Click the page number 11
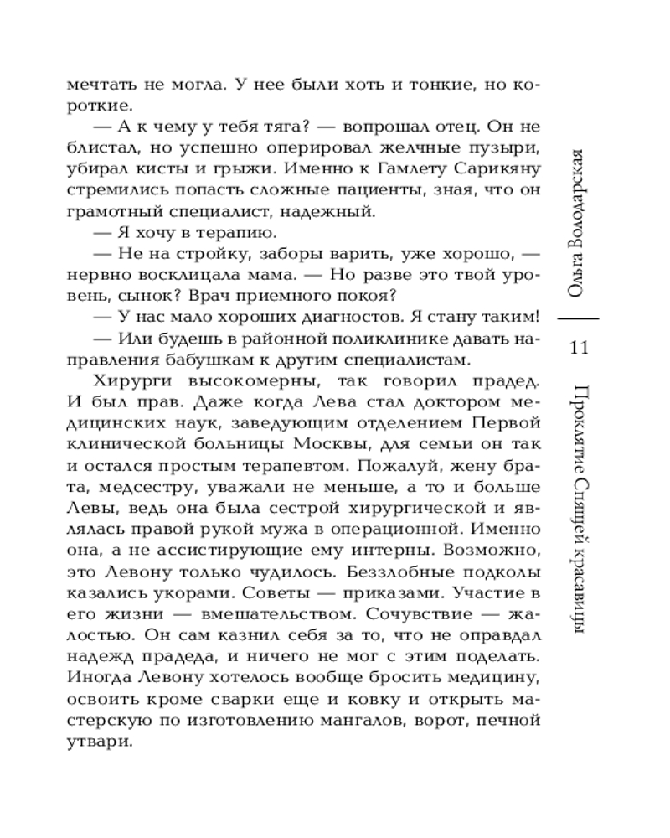[x=580, y=346]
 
